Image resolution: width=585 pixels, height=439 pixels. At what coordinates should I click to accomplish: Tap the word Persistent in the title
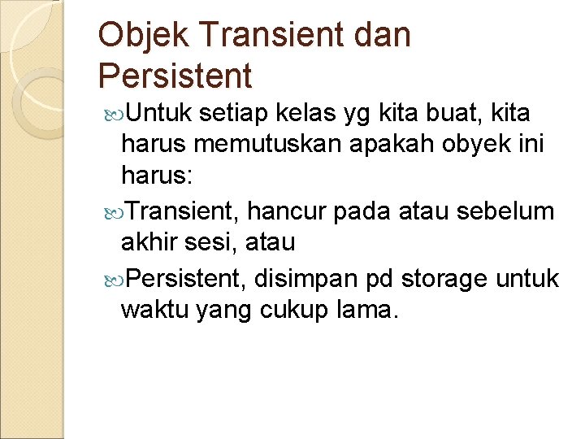click(x=175, y=76)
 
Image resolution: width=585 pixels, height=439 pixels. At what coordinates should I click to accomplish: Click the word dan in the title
click(x=381, y=35)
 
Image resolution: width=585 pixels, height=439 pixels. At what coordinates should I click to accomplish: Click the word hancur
click(x=287, y=212)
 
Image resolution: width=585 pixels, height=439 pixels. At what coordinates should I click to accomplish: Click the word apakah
click(x=388, y=145)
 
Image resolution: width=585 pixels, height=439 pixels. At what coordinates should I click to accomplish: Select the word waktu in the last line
click(x=154, y=310)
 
